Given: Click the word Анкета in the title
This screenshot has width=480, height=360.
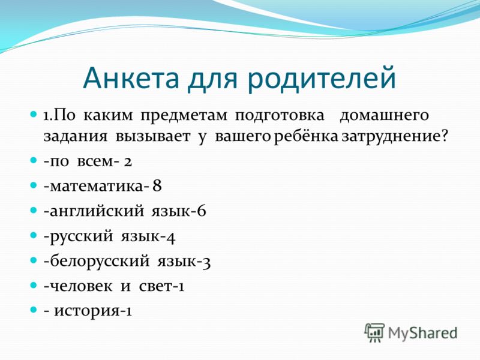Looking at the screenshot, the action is click(x=131, y=78).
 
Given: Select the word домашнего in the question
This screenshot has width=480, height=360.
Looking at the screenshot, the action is click(x=384, y=116).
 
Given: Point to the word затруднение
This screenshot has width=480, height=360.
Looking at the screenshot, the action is click(x=391, y=137).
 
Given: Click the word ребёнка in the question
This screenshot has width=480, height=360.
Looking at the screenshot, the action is click(x=305, y=136).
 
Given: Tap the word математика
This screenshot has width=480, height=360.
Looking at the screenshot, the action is click(x=96, y=187).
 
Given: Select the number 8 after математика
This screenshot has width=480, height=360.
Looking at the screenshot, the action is click(x=157, y=185).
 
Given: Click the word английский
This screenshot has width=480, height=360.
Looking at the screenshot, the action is click(x=97, y=211).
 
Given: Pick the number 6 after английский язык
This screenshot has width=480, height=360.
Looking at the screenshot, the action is click(x=202, y=211).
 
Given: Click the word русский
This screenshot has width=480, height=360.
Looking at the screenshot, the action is click(x=81, y=236).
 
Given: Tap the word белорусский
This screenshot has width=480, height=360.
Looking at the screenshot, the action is click(x=100, y=261).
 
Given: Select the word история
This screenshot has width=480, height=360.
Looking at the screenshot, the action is click(x=86, y=311).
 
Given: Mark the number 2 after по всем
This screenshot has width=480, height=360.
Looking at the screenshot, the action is click(x=128, y=161).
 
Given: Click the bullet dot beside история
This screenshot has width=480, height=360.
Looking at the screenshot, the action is click(x=34, y=310).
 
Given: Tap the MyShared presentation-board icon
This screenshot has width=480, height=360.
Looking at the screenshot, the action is click(x=374, y=332).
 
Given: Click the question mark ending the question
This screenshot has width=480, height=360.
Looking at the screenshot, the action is click(x=445, y=136).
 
